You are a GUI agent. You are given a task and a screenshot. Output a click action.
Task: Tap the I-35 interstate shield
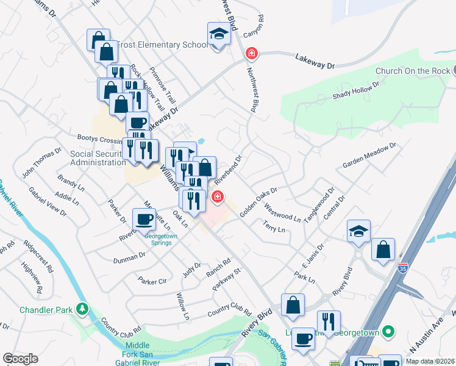(x=403, y=267)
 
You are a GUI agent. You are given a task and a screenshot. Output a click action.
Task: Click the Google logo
(x=20, y=359)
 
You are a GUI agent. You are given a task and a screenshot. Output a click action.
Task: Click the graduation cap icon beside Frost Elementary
(x=218, y=34)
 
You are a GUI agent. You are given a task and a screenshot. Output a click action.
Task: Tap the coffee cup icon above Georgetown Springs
(x=144, y=219)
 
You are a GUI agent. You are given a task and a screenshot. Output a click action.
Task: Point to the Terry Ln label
(x=274, y=228)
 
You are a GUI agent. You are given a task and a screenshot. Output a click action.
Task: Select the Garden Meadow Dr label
(x=369, y=156)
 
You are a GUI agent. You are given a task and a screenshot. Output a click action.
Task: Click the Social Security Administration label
(x=98, y=158)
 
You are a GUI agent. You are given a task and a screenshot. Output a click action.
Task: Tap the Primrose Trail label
(x=163, y=84)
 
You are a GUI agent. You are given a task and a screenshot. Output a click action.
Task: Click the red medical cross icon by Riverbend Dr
(x=216, y=197)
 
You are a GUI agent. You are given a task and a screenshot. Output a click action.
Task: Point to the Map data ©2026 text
(x=430, y=361)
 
